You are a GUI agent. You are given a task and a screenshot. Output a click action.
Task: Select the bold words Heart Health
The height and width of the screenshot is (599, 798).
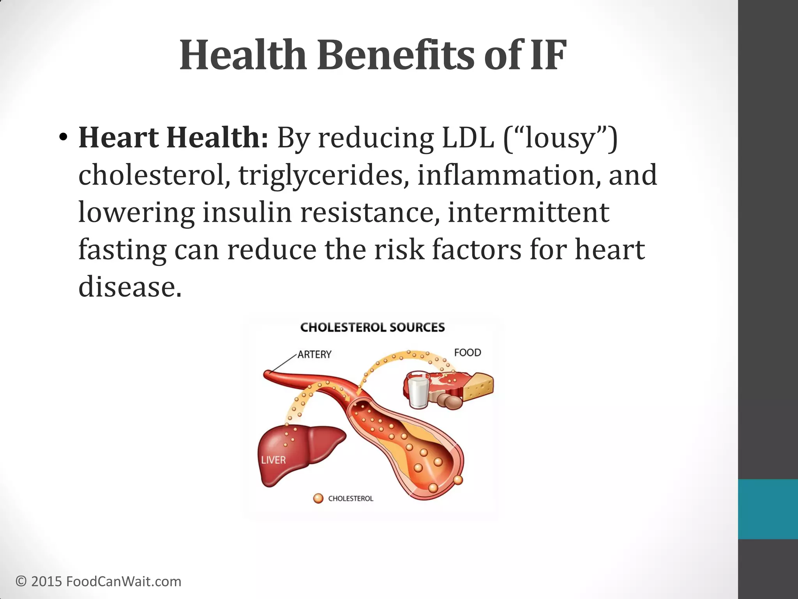coord(173,138)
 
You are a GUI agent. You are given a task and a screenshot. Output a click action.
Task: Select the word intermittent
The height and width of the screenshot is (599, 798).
coord(528,213)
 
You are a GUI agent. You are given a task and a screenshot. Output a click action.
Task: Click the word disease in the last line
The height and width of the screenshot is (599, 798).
coord(130,287)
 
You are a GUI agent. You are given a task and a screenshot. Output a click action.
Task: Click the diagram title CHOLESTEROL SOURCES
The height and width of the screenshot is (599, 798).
coord(373,327)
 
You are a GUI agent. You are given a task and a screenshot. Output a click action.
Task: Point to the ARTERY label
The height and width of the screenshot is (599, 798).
coord(314,354)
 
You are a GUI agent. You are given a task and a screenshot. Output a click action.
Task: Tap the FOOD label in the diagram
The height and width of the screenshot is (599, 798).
coord(468,353)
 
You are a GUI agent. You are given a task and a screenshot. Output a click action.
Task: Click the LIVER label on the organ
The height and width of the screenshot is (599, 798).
coord(273,460)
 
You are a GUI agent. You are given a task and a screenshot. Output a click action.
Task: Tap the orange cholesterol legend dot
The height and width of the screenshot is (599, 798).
coord(318,498)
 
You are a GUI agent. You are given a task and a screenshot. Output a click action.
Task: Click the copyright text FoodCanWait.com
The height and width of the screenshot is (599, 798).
coord(124,581)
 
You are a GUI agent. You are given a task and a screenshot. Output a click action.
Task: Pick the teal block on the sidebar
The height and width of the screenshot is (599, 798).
coord(768,509)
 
